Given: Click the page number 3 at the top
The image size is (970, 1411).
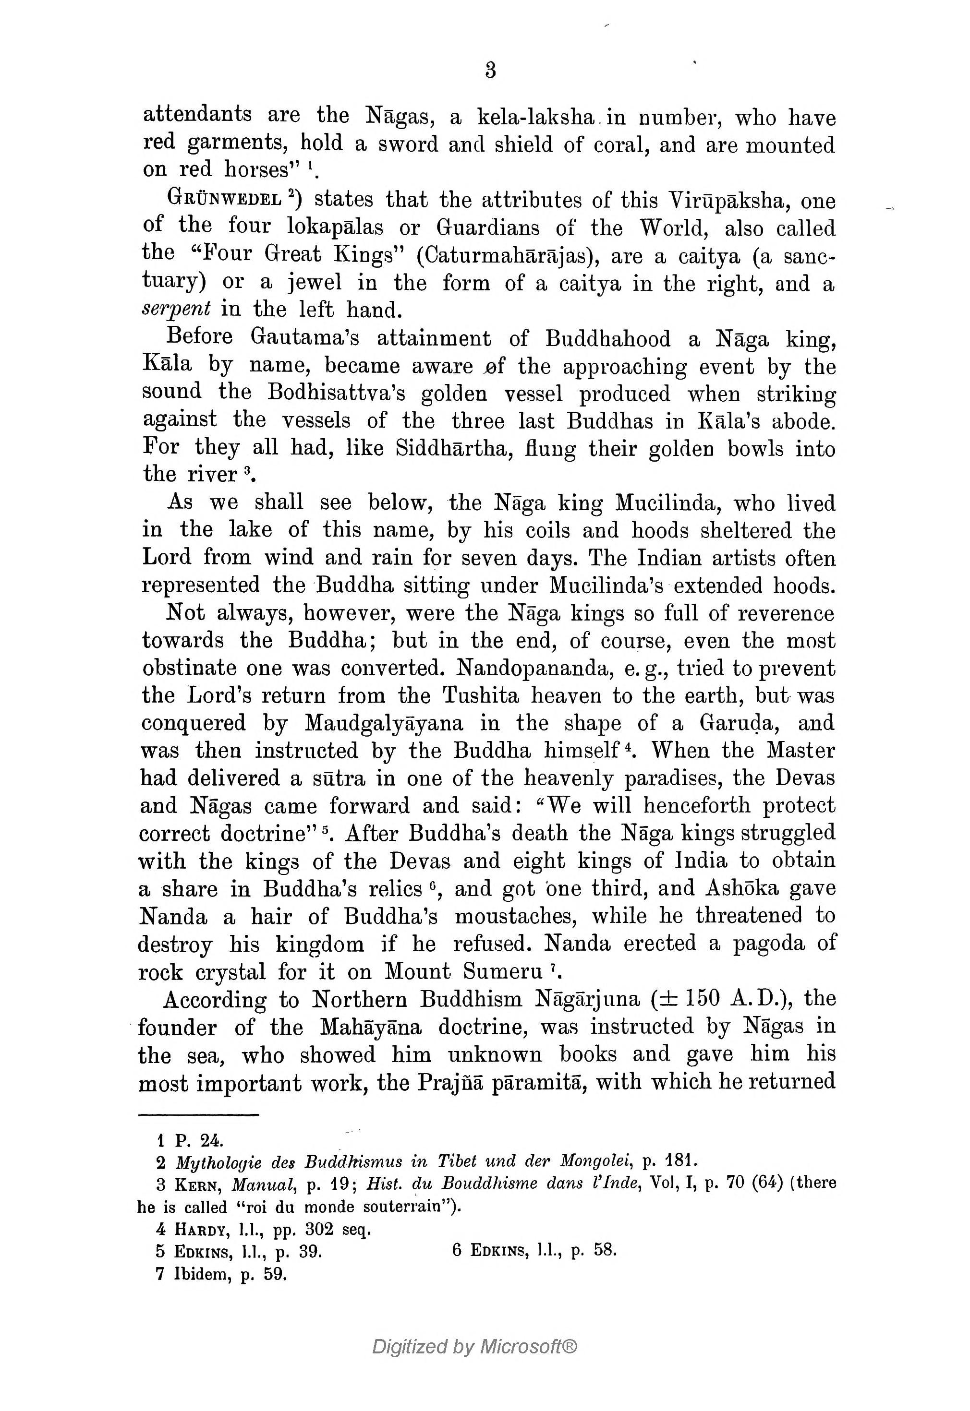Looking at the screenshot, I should (490, 71).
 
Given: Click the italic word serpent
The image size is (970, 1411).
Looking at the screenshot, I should (176, 310).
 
